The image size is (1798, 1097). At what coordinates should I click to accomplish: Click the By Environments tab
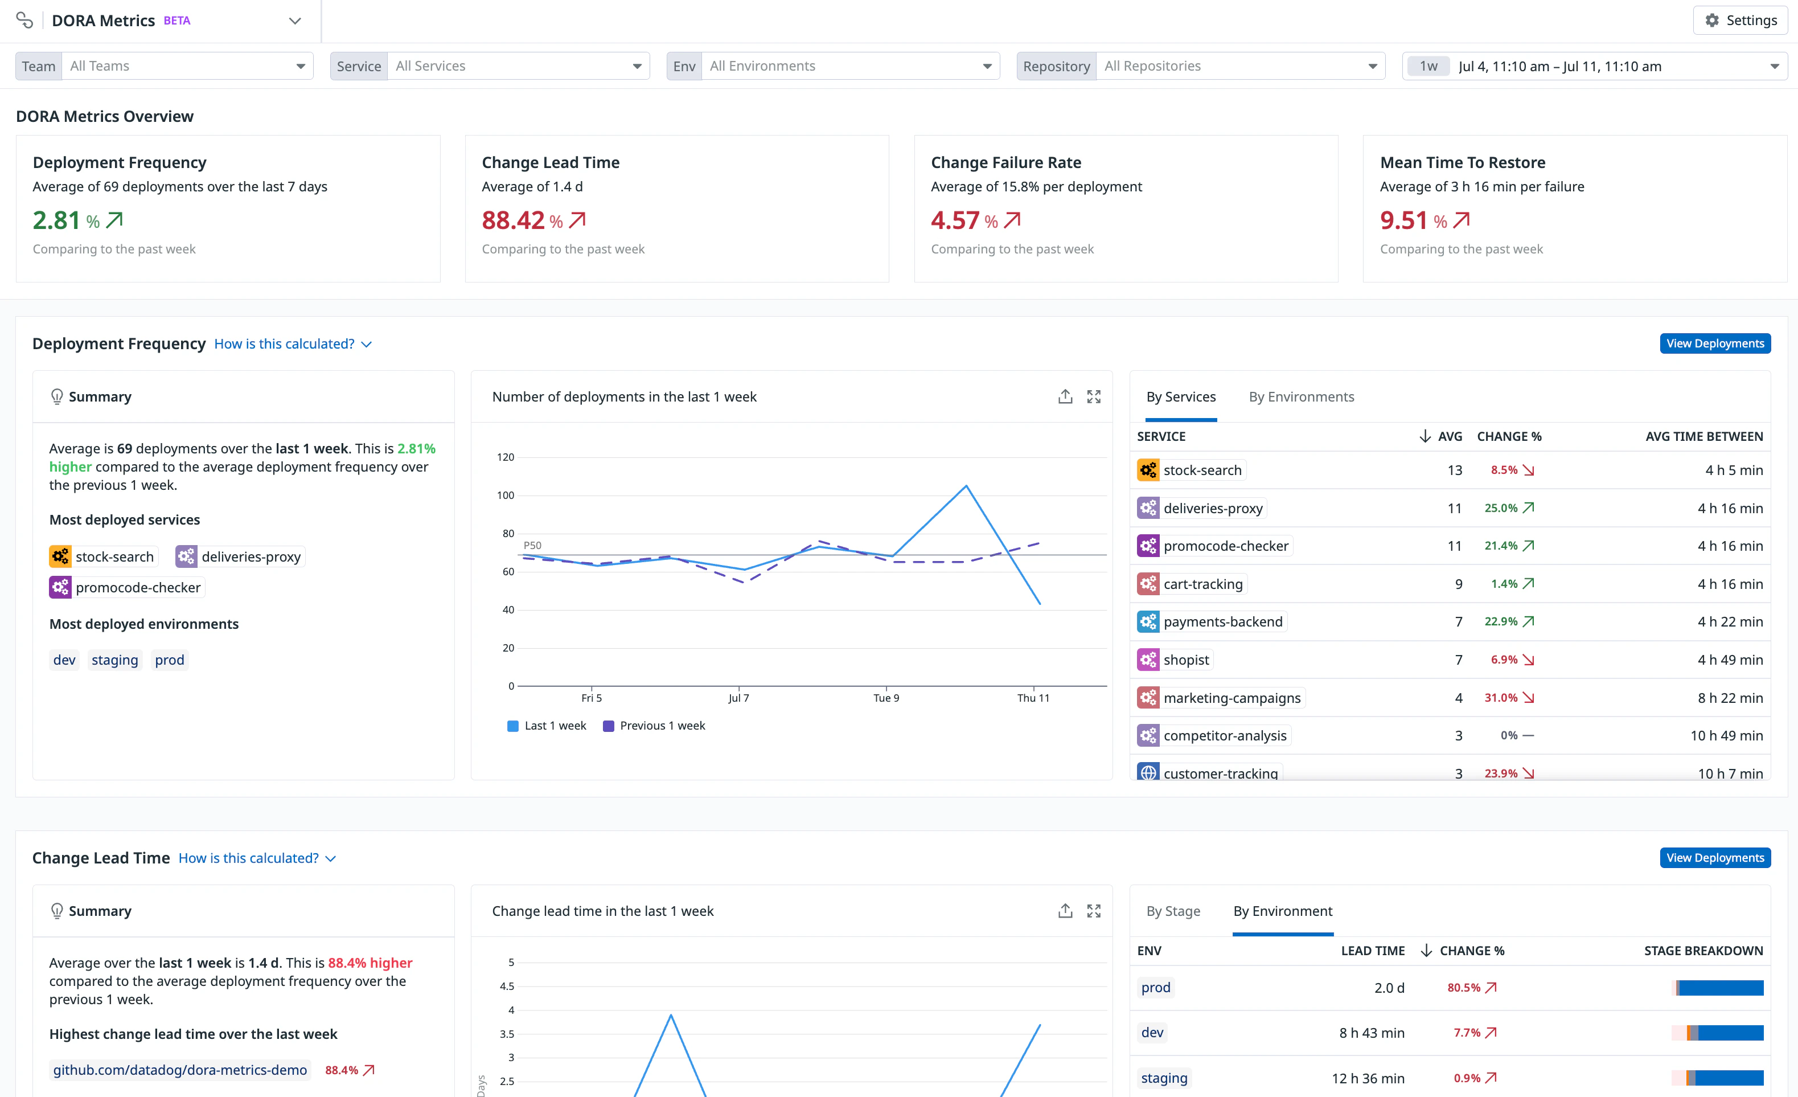(x=1301, y=397)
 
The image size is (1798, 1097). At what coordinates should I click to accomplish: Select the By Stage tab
(x=1173, y=911)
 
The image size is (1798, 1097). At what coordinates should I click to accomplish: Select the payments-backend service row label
(x=1222, y=622)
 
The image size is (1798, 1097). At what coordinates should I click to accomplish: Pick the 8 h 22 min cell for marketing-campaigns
(x=1730, y=698)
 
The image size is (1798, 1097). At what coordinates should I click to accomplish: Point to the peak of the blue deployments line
(x=966, y=486)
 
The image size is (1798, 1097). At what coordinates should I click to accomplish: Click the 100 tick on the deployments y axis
(x=506, y=496)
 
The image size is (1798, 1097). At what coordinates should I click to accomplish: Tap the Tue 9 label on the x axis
(x=886, y=698)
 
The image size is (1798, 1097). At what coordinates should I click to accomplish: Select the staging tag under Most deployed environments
(x=114, y=660)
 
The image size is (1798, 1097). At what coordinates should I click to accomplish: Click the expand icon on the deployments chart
(x=1093, y=397)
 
